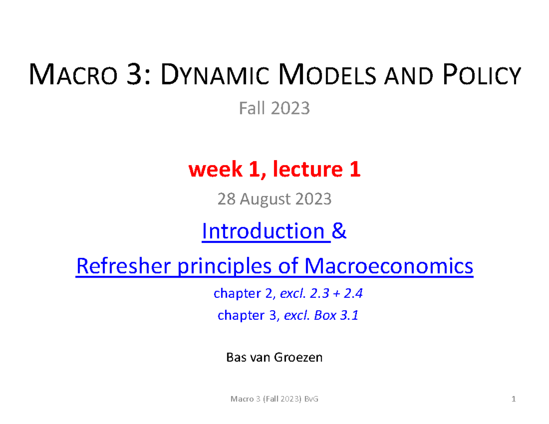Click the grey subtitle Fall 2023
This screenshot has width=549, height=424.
(274, 109)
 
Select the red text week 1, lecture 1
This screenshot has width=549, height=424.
(274, 170)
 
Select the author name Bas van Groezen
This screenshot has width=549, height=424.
(274, 357)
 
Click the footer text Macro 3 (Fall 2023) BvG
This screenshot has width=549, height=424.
(274, 400)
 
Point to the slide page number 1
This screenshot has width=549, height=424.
(514, 400)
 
